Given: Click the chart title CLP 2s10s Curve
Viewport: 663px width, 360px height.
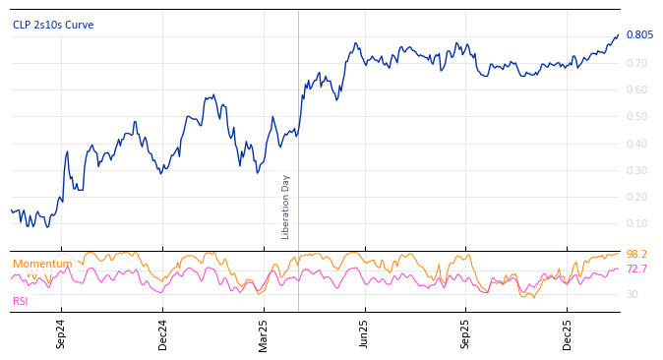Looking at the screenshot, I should pyautogui.click(x=53, y=25).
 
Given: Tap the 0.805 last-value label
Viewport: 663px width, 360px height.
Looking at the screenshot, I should pyautogui.click(x=639, y=35).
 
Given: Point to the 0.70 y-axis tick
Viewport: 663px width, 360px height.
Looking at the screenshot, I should pyautogui.click(x=636, y=63).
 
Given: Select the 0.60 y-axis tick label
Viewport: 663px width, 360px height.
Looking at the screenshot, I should pyautogui.click(x=636, y=90).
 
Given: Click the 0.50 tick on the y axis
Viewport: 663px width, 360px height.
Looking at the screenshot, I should pyautogui.click(x=636, y=116).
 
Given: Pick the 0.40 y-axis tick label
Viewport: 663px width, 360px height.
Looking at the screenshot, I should pyautogui.click(x=636, y=144).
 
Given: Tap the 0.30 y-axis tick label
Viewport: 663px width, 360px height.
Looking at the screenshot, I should pyautogui.click(x=636, y=170).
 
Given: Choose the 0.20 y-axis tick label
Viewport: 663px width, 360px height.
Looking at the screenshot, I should pyautogui.click(x=636, y=197).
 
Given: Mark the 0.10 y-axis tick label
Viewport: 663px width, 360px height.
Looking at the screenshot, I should pyautogui.click(x=636, y=223).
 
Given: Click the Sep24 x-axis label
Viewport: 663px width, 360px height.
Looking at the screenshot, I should pyautogui.click(x=61, y=333).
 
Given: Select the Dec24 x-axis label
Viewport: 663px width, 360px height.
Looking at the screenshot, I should pyautogui.click(x=163, y=333).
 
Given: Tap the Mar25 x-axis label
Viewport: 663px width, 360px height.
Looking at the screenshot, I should pyautogui.click(x=264, y=333).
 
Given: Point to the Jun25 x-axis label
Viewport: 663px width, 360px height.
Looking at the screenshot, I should pyautogui.click(x=364, y=333).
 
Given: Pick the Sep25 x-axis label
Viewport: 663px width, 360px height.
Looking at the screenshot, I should pyautogui.click(x=466, y=333).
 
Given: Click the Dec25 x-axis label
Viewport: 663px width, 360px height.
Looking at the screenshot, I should pyautogui.click(x=568, y=333).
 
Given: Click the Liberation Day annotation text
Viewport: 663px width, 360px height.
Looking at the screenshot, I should pyautogui.click(x=286, y=207).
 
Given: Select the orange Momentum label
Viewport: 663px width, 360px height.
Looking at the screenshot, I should pyautogui.click(x=42, y=264).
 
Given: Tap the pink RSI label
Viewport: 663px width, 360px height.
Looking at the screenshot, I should pyautogui.click(x=21, y=301).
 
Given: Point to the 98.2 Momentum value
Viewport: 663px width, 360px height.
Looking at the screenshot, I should pyautogui.click(x=636, y=255).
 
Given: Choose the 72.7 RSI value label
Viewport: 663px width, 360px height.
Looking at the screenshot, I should pyautogui.click(x=636, y=269).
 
